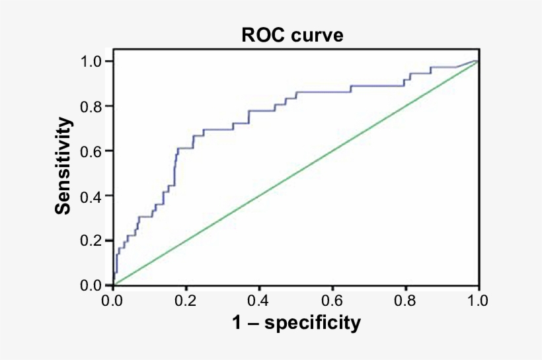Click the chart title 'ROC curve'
[291, 36]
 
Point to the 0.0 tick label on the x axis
[113, 301]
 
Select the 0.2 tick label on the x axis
[186, 301]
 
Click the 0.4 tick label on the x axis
[259, 301]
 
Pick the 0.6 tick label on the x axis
[332, 301]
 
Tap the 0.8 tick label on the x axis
[405, 301]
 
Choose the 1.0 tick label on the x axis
[477, 301]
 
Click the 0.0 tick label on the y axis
[93, 285]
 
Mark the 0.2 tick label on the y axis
[93, 240]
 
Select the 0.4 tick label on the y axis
[93, 196]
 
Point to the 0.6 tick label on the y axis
[93, 151]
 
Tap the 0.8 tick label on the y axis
[93, 106]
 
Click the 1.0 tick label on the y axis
[93, 61]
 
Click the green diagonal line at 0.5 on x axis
[295, 173]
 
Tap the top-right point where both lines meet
[477, 61]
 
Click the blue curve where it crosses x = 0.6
[332, 92]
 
